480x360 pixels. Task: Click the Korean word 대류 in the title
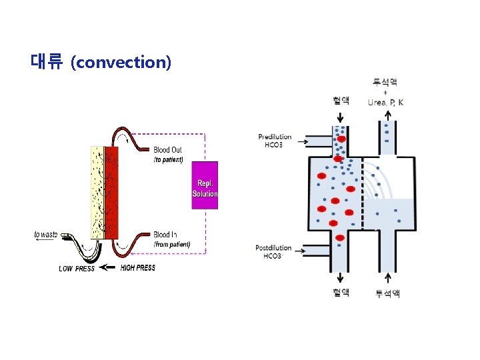(47, 63)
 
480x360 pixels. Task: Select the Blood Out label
(167, 150)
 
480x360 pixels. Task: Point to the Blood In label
(165, 235)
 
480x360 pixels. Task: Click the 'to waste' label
(45, 234)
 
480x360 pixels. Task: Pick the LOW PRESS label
(77, 269)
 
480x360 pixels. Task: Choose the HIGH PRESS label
(138, 268)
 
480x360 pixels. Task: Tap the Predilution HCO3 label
(275, 141)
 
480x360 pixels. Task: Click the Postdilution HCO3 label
(273, 252)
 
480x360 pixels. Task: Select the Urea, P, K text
(385, 102)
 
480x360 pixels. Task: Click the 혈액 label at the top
(340, 101)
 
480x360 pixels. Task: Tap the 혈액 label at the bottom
(340, 293)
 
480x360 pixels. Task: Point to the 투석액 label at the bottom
(387, 293)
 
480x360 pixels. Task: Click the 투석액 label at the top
(385, 82)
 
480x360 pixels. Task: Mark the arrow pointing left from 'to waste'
(45, 241)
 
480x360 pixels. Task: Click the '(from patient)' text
(172, 245)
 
